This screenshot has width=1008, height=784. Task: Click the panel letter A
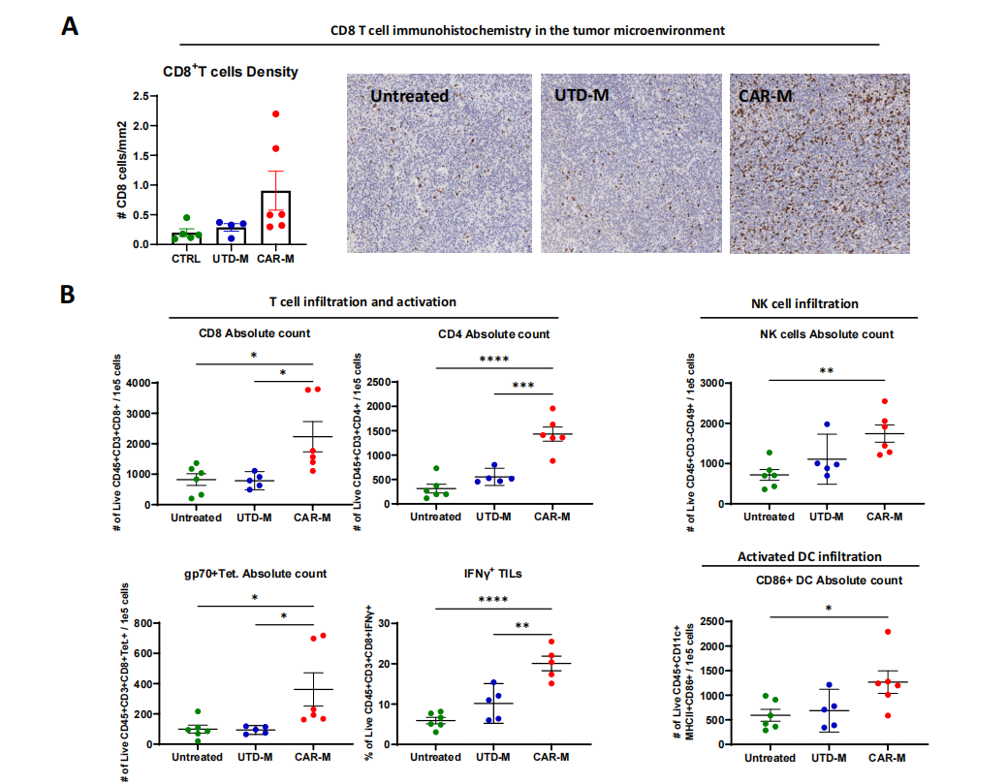69,27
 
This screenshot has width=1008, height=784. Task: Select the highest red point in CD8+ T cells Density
275,114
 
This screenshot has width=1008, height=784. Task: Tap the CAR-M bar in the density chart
275,217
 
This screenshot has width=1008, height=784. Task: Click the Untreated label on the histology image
409,96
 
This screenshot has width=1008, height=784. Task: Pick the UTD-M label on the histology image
583,96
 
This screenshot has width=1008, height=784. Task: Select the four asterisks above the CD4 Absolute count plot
493,360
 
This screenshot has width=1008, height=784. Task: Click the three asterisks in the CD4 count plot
522,385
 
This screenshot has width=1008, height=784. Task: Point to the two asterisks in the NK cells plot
827,370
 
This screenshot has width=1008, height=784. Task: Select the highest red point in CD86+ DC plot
887,632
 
